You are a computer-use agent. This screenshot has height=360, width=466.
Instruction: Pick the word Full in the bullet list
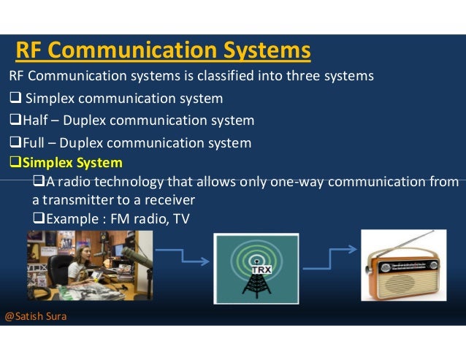click(x=34, y=143)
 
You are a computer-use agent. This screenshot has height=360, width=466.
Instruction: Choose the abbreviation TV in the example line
click(x=180, y=217)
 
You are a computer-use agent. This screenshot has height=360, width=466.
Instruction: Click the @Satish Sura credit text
click(x=35, y=317)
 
